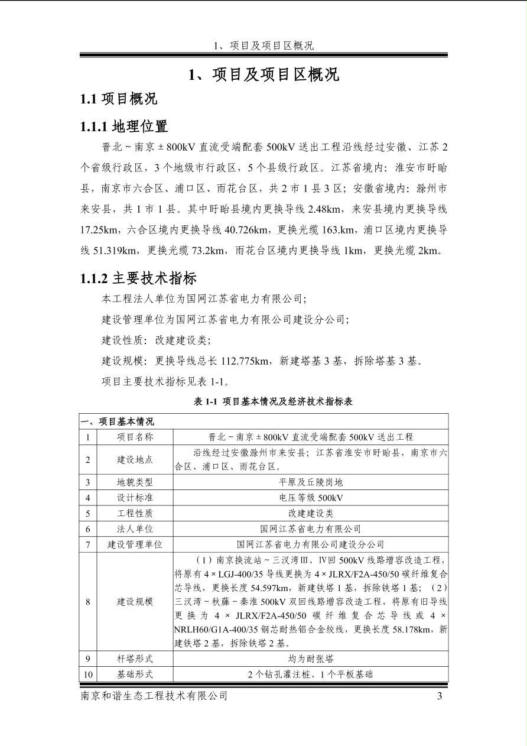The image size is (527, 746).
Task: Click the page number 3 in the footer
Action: click(440, 696)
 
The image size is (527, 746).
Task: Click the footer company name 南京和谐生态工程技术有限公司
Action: click(154, 696)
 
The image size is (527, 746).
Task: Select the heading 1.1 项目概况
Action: click(119, 99)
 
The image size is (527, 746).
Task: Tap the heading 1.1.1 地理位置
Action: click(125, 126)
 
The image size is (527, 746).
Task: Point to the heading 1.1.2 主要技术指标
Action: click(139, 278)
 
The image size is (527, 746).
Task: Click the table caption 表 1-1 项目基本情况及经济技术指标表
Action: click(273, 401)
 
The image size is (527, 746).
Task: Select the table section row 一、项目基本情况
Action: click(118, 421)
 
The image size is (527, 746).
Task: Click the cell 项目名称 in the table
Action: click(135, 437)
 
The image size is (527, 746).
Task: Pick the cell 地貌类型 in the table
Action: click(135, 482)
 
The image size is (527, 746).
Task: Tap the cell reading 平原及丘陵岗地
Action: click(311, 482)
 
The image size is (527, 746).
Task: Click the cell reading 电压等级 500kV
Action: click(311, 498)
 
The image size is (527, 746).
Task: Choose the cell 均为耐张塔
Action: click(311, 659)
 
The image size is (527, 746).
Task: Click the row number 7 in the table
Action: click(88, 544)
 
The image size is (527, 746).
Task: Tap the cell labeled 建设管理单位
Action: click(135, 544)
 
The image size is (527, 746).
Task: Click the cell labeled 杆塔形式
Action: click(135, 659)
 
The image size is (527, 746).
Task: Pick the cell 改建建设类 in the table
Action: click(311, 513)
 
